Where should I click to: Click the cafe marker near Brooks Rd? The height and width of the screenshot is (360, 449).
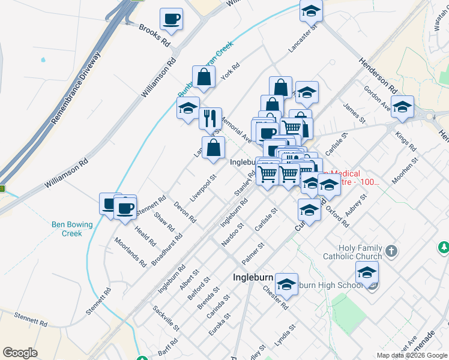(171, 19)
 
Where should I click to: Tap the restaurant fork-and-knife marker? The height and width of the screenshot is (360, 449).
(210, 118)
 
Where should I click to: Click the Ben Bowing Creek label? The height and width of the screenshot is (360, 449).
(72, 229)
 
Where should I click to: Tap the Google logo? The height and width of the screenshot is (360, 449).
(20, 353)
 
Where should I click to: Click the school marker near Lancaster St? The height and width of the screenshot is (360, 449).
(311, 11)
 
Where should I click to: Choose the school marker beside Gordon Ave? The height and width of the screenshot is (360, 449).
(402, 107)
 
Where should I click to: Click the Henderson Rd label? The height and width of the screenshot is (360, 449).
(379, 75)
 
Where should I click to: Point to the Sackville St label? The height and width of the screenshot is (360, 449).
(166, 318)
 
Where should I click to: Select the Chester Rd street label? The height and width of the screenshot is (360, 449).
(276, 297)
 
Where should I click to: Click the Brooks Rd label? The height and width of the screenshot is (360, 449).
(154, 36)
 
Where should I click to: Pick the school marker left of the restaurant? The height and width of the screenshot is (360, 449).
(188, 108)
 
